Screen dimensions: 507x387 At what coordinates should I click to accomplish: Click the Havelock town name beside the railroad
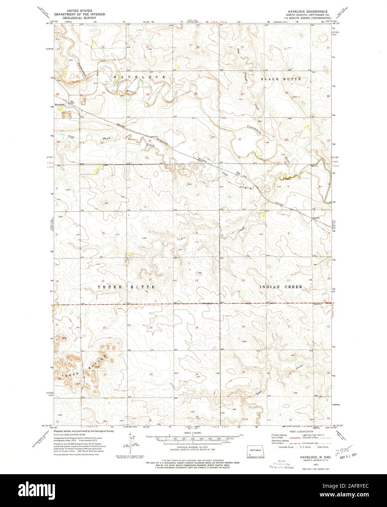[60, 104]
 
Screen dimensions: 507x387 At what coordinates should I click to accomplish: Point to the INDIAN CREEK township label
[281, 287]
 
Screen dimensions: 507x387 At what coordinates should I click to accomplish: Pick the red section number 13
[196, 280]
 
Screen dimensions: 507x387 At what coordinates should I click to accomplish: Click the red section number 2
[150, 186]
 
